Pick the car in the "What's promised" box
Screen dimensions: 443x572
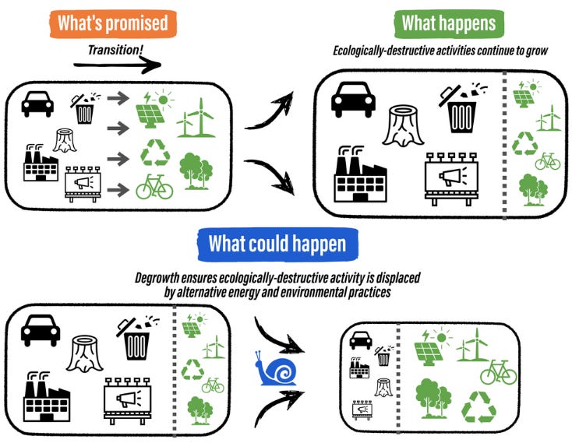(37, 103)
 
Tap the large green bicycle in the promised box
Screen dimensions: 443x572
(154, 187)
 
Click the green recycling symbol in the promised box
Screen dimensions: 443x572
(154, 153)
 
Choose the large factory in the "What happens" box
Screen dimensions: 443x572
(359, 172)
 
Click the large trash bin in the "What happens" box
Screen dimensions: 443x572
(462, 111)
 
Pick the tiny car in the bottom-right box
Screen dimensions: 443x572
(359, 339)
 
